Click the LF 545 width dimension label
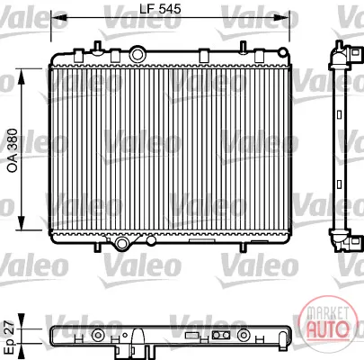[160, 9]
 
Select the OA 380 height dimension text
[13, 150]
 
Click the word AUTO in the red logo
[328, 328]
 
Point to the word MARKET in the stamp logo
[328, 313]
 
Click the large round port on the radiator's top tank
[138, 54]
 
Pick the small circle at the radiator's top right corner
[283, 52]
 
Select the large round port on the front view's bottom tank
[121, 243]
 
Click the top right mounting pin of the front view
[244, 47]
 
